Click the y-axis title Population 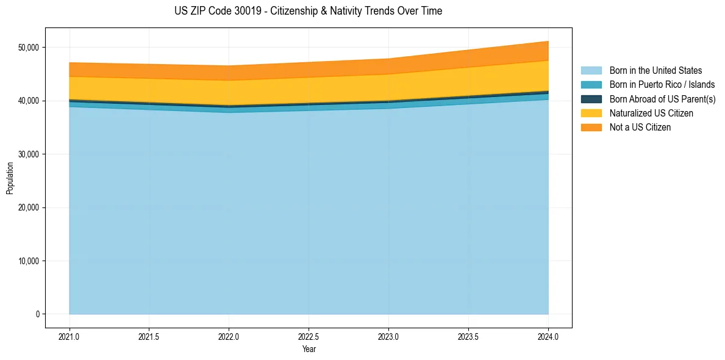(x=10, y=178)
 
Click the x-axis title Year (x=309, y=349)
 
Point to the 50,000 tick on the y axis (x=29, y=48)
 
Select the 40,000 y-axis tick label (x=29, y=101)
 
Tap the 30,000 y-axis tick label (x=29, y=154)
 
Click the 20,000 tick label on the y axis (x=29, y=207)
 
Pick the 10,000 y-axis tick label (x=29, y=261)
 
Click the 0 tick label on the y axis (x=38, y=314)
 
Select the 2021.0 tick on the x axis (x=70, y=336)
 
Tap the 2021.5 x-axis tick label (x=149, y=336)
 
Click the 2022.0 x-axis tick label (x=229, y=336)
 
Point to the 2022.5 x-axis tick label (x=309, y=336)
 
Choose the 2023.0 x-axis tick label (x=388, y=336)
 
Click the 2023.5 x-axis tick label (x=468, y=336)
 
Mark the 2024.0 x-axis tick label (x=548, y=336)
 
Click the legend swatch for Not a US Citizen (x=591, y=128)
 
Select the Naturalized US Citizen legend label (x=651, y=113)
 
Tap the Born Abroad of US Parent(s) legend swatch (x=591, y=99)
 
